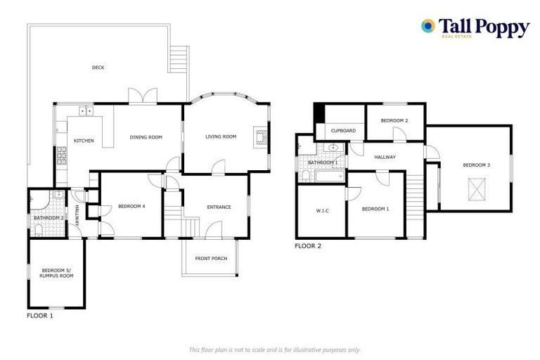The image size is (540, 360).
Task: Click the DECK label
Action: click(98, 68)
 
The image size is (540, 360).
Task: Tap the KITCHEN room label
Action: click(84, 141)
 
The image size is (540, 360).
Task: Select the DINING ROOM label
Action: click(146, 137)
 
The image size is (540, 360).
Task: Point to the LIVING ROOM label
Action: click(221, 136)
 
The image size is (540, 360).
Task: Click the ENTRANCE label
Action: click(219, 207)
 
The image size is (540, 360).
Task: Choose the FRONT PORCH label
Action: click(211, 259)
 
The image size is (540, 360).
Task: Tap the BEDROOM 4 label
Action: click(131, 206)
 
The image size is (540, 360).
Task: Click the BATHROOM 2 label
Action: click(49, 218)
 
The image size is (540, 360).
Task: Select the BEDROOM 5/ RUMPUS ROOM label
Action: click(57, 273)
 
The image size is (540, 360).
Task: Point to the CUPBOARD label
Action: click(343, 131)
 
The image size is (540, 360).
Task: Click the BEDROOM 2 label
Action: click(394, 121)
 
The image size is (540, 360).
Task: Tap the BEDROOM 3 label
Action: click(476, 165)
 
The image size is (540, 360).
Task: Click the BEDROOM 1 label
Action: click(375, 209)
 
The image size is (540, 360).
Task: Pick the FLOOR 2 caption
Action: click(307, 246)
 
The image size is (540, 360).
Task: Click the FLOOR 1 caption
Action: click(39, 316)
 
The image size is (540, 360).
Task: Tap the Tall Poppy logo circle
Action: click(427, 26)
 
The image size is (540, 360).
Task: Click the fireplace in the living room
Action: click(261, 136)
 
